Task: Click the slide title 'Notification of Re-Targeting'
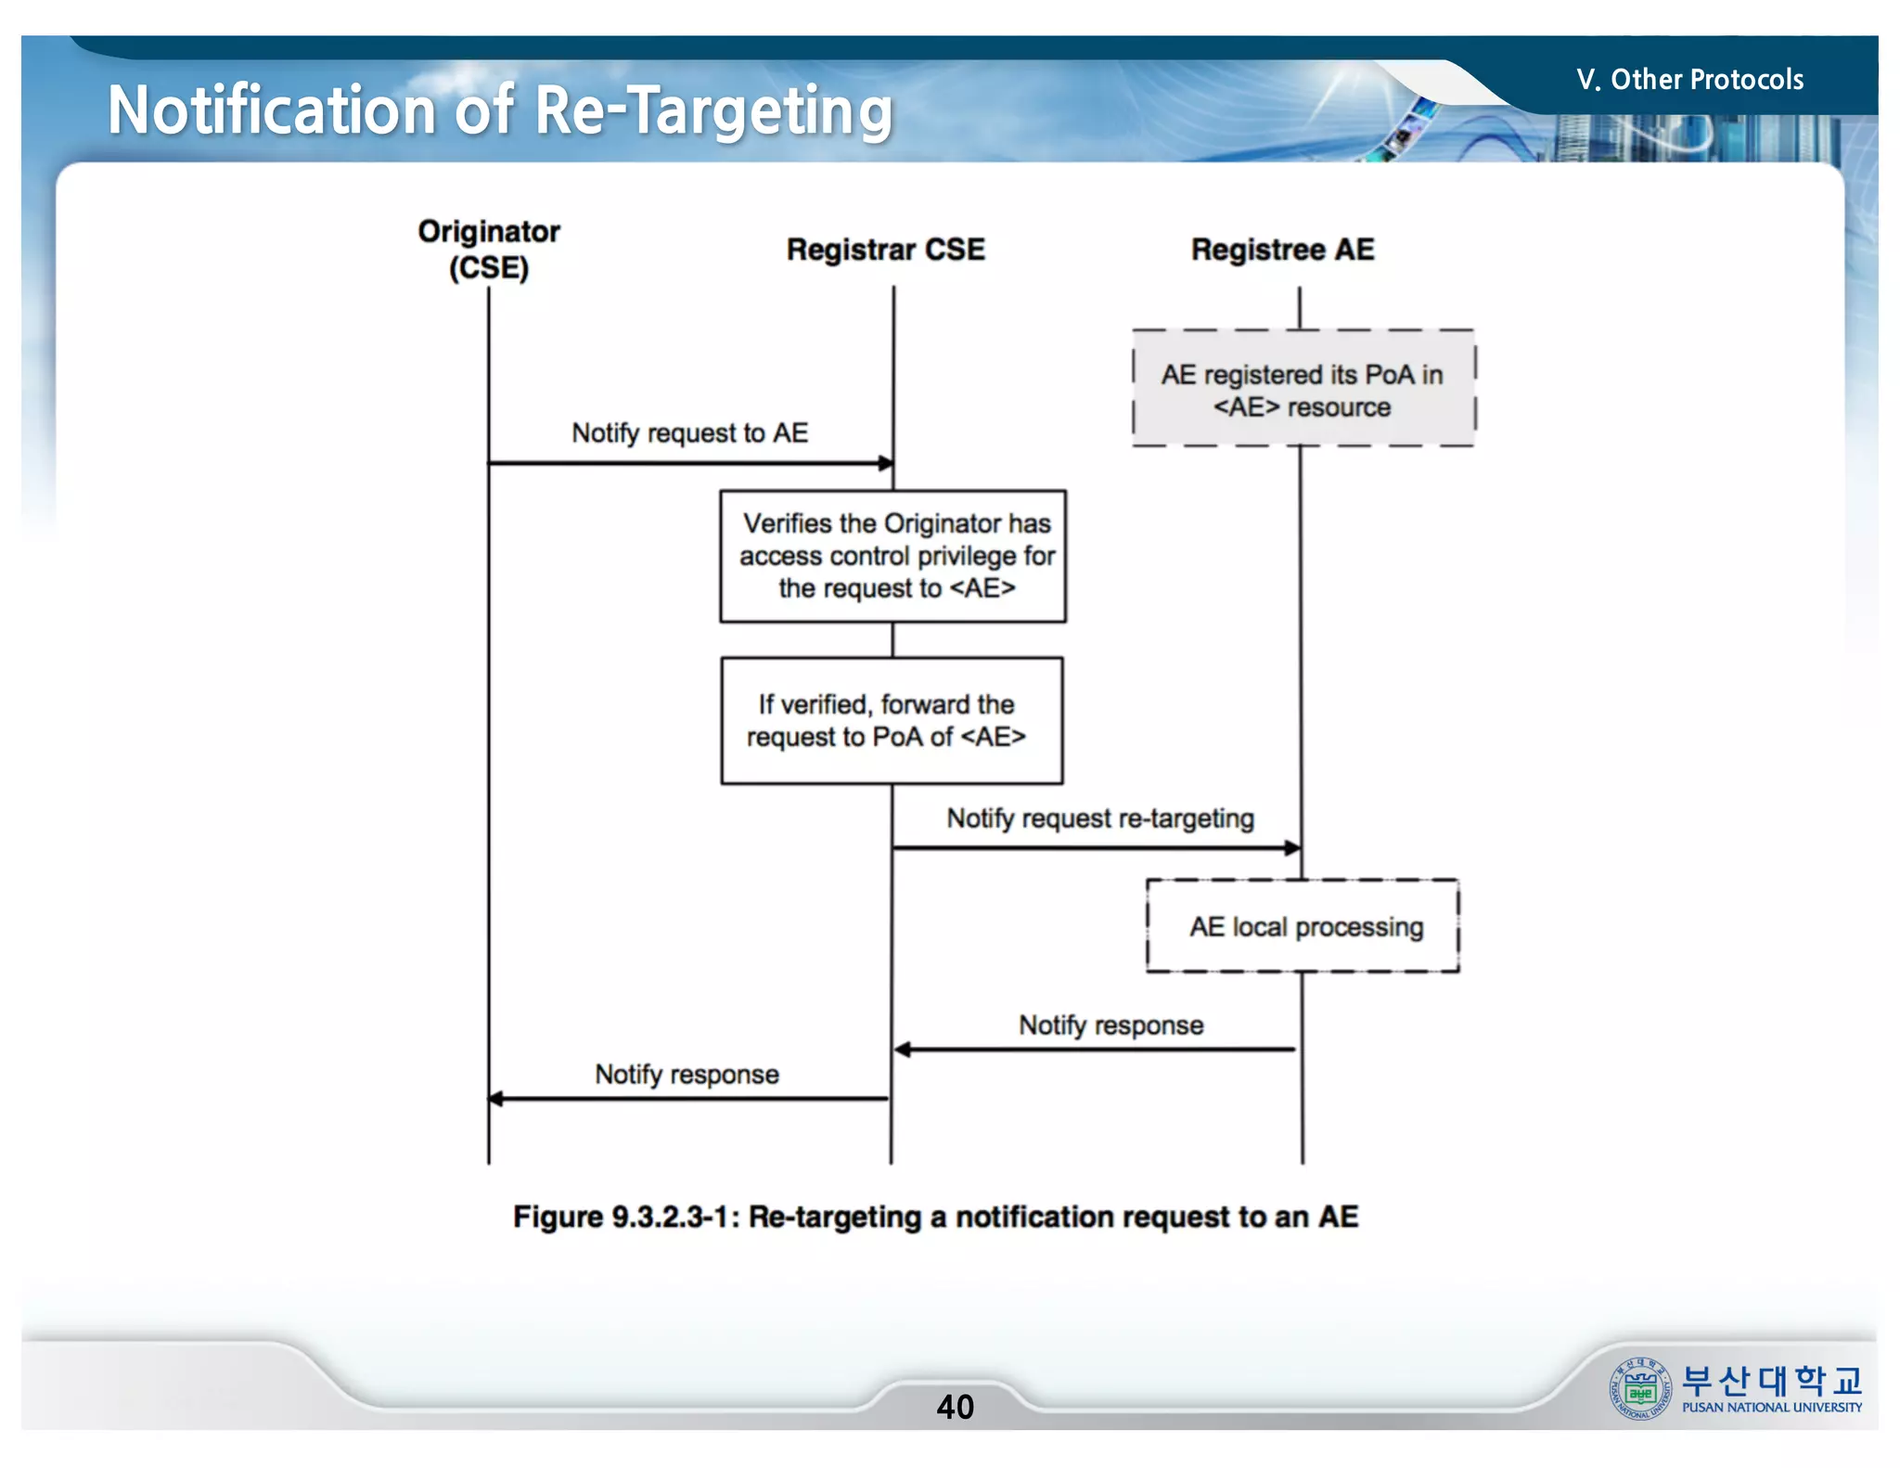499,111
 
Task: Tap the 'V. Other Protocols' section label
1689,80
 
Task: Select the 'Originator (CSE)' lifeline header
489,249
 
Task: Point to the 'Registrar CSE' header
885,250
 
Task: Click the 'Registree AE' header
1282,250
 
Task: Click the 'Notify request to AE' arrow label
689,433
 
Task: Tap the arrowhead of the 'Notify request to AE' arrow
886,462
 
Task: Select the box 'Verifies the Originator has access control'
893,556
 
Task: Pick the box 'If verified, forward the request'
892,721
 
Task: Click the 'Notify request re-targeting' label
1100,818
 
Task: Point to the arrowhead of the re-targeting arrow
1292,847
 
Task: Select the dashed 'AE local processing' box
1303,926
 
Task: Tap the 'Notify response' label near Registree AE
1110,1025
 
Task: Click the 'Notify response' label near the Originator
687,1075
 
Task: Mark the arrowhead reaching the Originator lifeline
496,1100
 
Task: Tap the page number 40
955,1407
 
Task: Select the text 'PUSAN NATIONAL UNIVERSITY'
1771,1408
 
